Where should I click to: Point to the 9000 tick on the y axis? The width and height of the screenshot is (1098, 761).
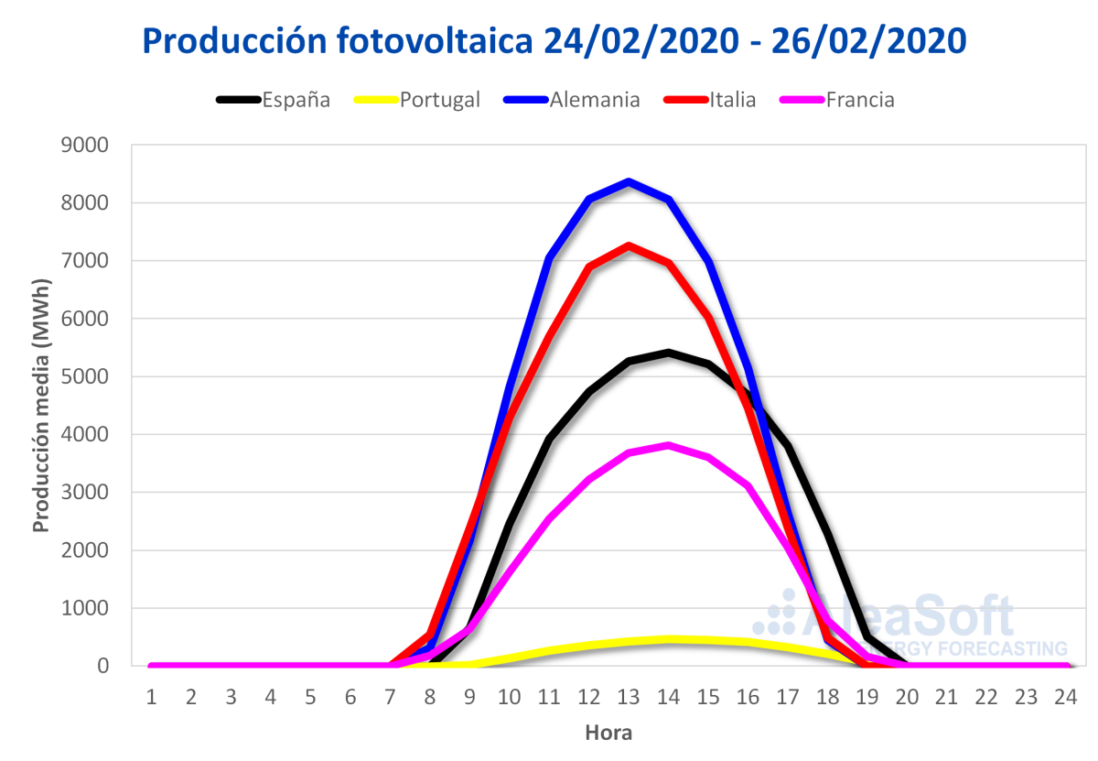(85, 145)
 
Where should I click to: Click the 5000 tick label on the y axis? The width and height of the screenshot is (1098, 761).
(85, 376)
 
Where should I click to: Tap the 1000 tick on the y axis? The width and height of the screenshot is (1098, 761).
(85, 608)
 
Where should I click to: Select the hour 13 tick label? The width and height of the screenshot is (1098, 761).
(629, 697)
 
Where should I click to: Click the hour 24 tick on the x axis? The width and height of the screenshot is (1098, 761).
(1065, 697)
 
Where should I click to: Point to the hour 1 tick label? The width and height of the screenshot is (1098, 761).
(151, 697)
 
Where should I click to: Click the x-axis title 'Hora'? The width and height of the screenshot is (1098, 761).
(608, 733)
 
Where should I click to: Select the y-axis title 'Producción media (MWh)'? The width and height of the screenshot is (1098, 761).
(40, 405)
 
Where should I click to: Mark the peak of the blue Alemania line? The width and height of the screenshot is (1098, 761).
(629, 181)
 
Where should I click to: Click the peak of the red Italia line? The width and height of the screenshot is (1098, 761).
(629, 245)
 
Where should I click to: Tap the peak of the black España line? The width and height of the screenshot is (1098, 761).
(669, 353)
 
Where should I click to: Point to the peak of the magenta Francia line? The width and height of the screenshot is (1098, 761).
(669, 446)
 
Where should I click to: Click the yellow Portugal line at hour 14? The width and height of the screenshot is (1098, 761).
(669, 639)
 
